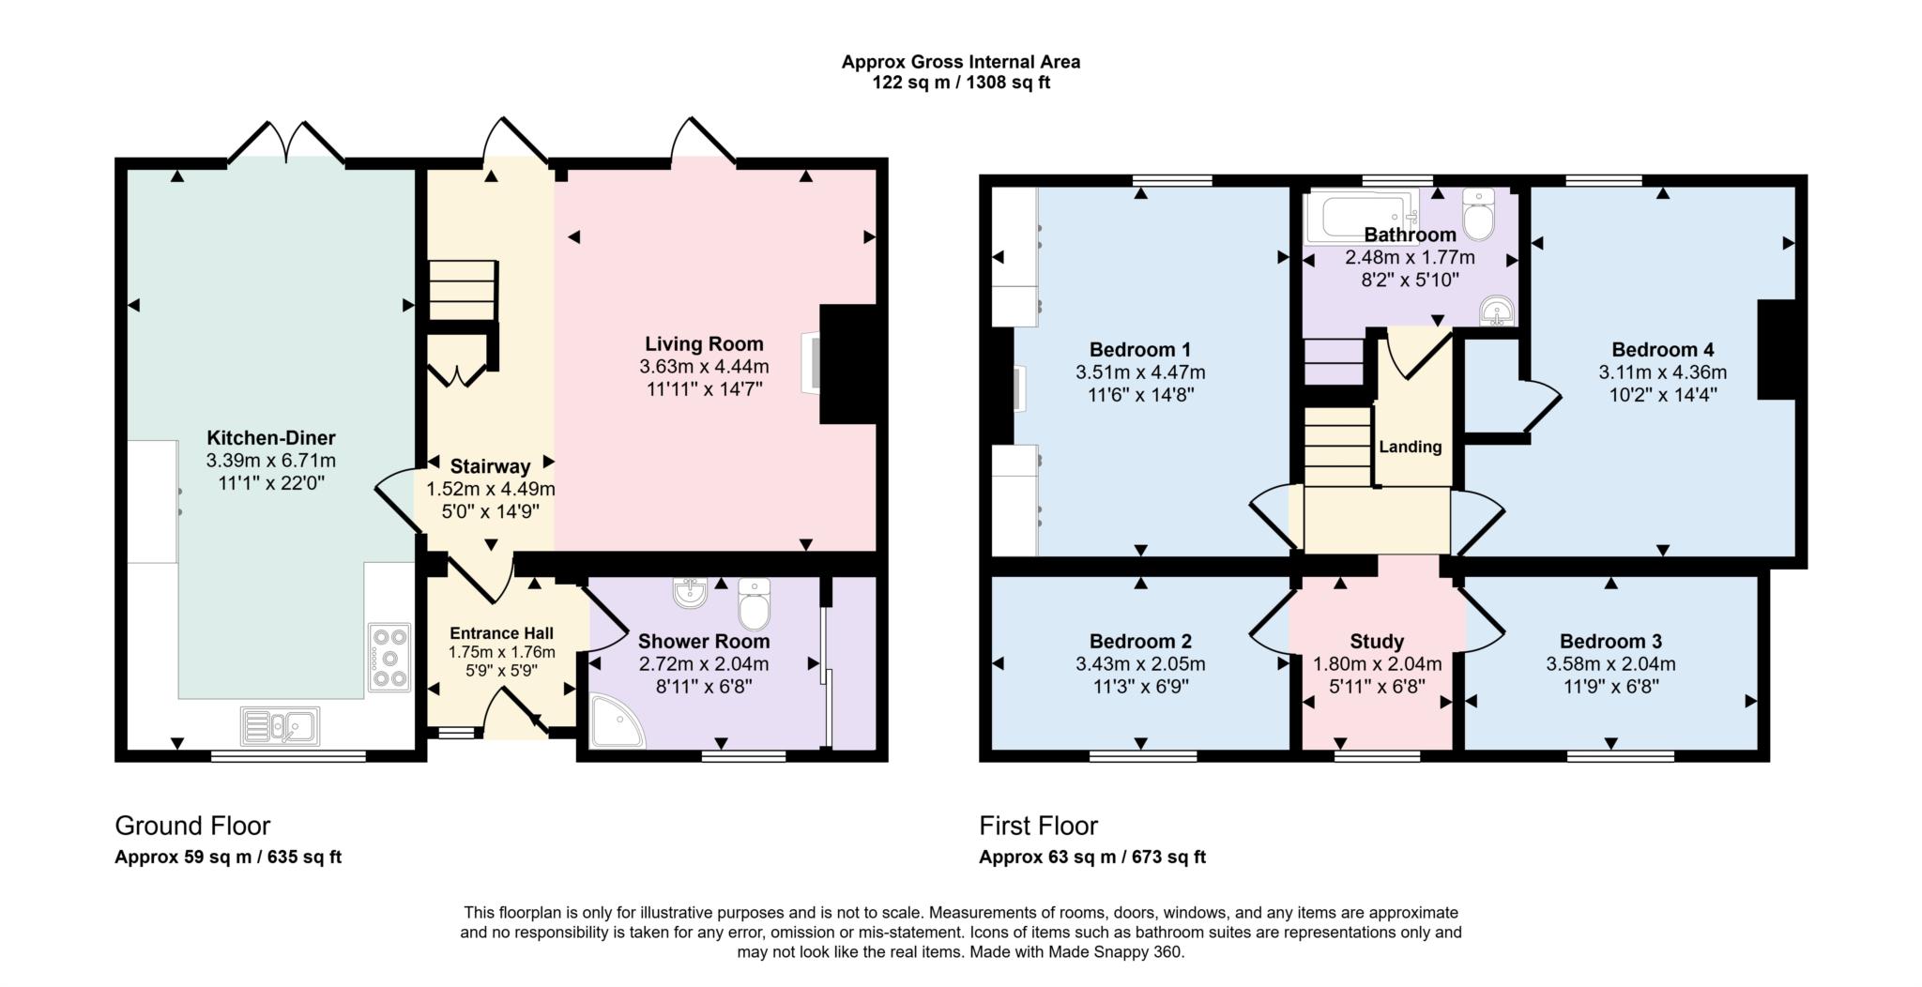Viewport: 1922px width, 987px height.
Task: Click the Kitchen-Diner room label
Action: point(270,438)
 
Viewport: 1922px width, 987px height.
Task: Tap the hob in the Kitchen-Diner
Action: point(389,658)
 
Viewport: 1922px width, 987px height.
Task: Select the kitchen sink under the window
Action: point(280,725)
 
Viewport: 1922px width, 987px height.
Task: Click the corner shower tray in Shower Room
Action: point(615,721)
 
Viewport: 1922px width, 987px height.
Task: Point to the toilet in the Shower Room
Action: point(754,604)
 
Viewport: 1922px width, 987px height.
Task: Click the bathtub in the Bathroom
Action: point(1361,216)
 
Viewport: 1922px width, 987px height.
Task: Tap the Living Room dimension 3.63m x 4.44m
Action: point(703,367)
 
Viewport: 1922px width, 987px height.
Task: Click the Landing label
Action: point(1410,447)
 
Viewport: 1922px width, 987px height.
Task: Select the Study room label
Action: point(1376,642)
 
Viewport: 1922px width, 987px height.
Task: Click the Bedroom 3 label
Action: point(1610,642)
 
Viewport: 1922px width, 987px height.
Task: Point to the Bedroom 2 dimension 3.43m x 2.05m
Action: point(1140,664)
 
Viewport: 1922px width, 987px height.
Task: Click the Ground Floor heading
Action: point(192,826)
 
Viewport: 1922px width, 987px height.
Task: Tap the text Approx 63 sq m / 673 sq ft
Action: point(1091,857)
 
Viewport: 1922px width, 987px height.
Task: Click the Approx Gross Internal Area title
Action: point(960,62)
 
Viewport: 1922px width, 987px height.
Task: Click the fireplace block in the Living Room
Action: point(847,364)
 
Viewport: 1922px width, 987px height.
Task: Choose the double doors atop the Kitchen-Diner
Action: point(286,145)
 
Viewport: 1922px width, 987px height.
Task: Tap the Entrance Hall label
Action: point(501,633)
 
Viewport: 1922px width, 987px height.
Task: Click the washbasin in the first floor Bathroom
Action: point(1495,311)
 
